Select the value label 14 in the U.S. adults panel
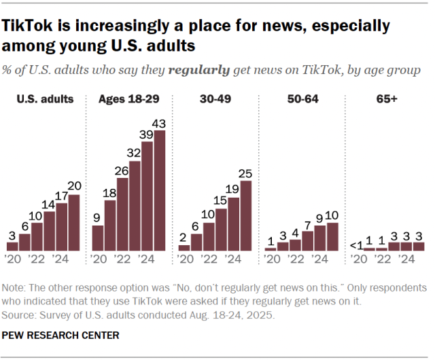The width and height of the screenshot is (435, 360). (50, 204)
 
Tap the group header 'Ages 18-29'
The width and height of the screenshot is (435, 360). (129, 99)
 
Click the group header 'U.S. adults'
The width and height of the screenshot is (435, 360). (44, 99)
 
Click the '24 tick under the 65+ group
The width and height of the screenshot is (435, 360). (406, 259)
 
